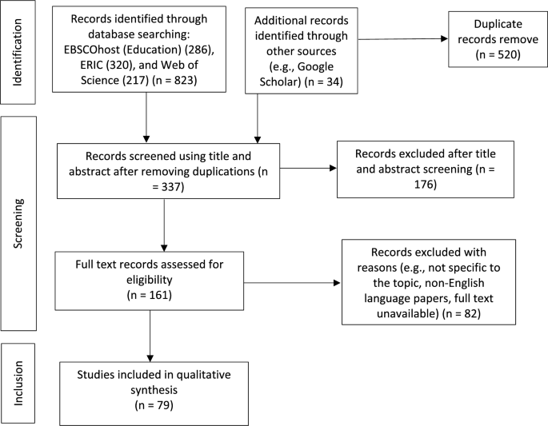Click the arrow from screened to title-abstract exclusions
click(308, 168)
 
